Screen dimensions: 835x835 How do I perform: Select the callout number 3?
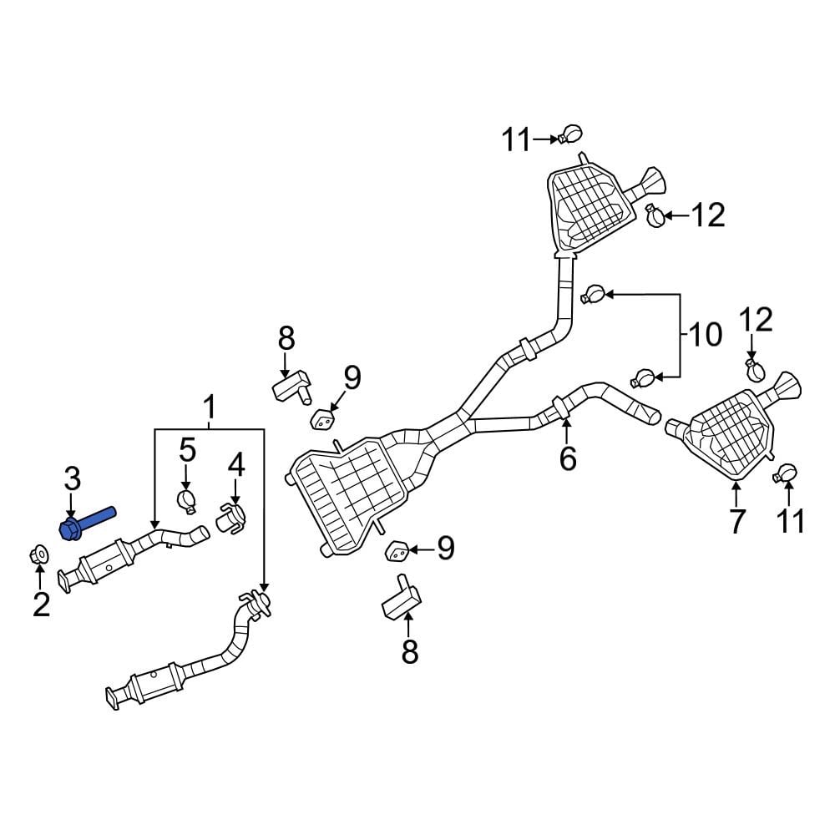(73, 479)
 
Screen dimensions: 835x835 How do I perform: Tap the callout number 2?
(41, 602)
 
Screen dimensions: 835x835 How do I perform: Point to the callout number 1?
(209, 407)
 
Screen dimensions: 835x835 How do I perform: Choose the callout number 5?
(186, 451)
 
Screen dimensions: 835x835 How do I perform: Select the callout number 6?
(568, 458)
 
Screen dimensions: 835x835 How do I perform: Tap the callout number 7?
(736, 522)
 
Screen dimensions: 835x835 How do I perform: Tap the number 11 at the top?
(516, 140)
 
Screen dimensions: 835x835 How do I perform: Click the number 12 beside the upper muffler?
(708, 215)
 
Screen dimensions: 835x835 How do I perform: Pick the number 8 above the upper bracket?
(286, 338)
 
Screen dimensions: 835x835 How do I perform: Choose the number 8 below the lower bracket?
(409, 651)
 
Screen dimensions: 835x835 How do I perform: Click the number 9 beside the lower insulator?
(445, 548)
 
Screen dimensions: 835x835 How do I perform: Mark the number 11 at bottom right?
(790, 521)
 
